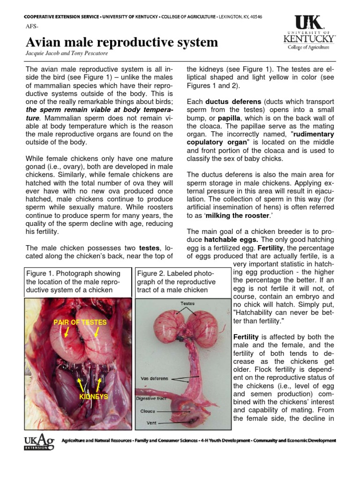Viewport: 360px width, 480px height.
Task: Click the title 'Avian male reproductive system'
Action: [121, 42]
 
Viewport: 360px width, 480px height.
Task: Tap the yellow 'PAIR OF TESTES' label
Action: [80, 322]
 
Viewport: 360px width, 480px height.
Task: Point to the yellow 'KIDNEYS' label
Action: [94, 397]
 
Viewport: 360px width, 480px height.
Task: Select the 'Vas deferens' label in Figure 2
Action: [154, 378]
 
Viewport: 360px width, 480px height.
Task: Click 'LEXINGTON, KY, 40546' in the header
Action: [239, 17]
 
